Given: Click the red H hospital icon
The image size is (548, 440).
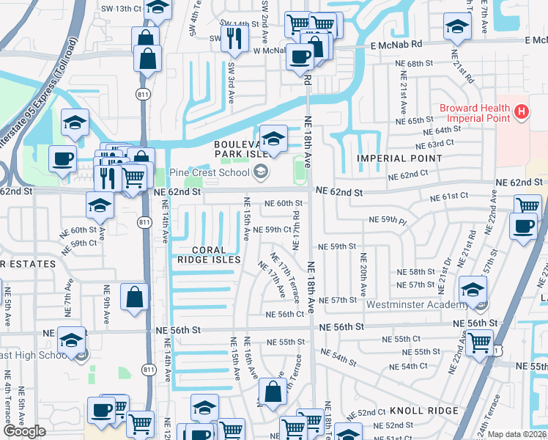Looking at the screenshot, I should (521, 112).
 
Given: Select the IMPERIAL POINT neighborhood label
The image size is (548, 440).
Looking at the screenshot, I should (392, 158).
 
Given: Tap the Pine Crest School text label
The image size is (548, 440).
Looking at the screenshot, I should (210, 173).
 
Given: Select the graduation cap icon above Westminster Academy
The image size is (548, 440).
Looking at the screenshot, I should (473, 287).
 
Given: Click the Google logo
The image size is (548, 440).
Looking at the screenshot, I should (24, 431).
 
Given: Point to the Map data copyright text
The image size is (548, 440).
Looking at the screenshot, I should (517, 434).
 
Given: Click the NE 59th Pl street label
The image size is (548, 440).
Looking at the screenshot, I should (386, 219).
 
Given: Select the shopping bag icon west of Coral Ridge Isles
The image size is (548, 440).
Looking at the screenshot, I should (135, 298).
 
